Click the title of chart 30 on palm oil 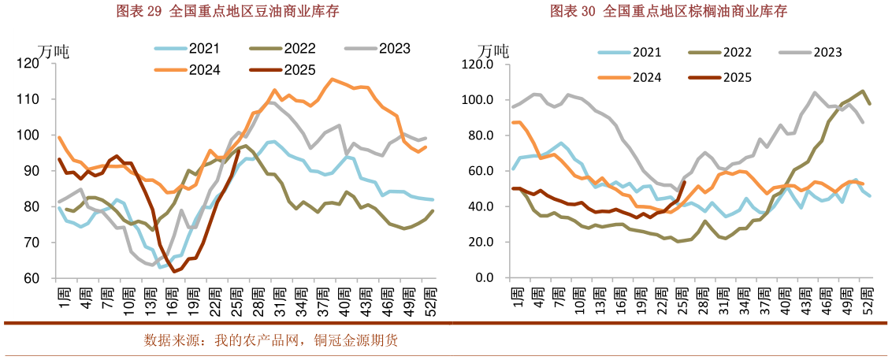668,11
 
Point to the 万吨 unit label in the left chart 54,51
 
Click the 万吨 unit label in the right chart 493,51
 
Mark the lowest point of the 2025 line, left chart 174,272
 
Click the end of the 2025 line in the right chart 684,182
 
